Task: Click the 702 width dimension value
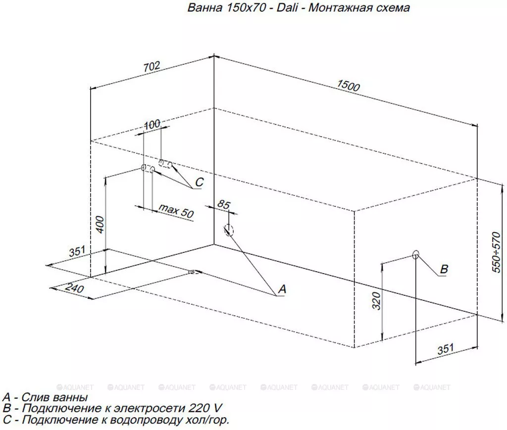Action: point(152,66)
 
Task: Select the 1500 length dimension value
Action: point(348,86)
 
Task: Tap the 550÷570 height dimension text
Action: point(496,252)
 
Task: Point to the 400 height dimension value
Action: point(101,225)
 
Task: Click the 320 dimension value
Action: point(377,301)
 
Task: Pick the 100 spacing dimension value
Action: point(152,124)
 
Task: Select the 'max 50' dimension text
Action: point(176,211)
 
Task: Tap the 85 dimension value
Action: point(223,204)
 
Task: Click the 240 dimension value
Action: point(75,288)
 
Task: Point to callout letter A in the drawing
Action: point(282,289)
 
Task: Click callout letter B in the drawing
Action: point(444,269)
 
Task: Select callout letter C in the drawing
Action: point(199,182)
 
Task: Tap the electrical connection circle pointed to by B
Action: point(416,254)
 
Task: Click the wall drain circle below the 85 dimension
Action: point(228,230)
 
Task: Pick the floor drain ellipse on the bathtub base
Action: point(195,272)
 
